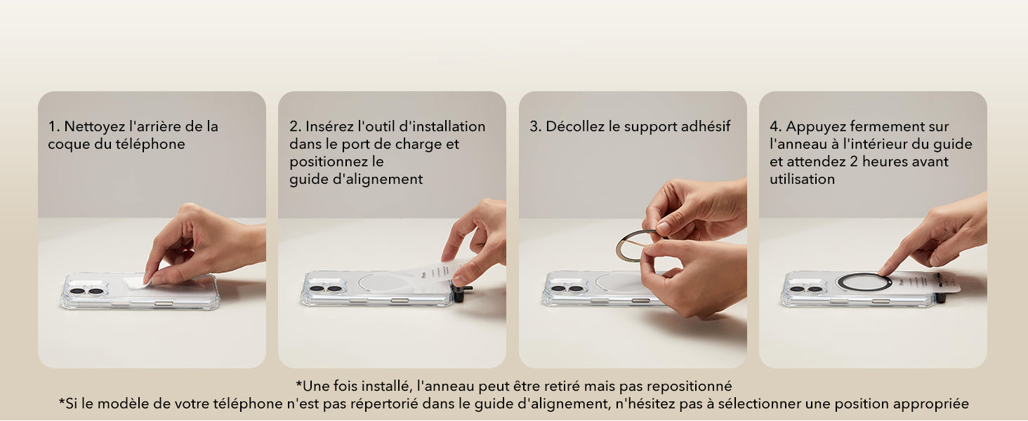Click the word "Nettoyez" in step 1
click(x=95, y=126)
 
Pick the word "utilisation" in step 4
click(x=802, y=179)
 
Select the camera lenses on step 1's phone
click(x=87, y=291)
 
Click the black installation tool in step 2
click(x=461, y=293)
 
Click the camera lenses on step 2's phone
click(x=327, y=289)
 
